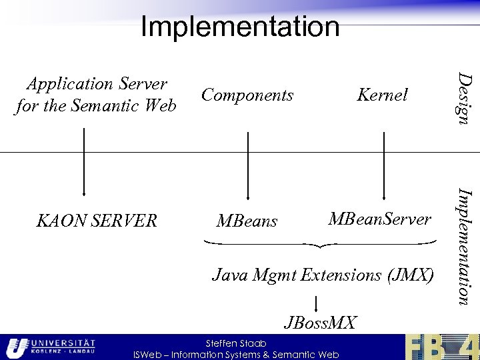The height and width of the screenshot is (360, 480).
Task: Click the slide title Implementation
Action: (240, 27)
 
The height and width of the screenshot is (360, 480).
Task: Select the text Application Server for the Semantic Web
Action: (95, 95)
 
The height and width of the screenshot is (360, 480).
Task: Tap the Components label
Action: (247, 95)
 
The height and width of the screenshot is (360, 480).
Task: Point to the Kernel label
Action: (382, 95)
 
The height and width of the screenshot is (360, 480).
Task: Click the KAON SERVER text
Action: (97, 221)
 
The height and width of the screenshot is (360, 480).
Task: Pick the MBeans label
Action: (247, 221)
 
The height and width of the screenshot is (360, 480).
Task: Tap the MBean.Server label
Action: (380, 219)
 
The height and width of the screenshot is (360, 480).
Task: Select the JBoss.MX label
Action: (321, 323)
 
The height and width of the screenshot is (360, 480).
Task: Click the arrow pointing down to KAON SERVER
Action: (84, 163)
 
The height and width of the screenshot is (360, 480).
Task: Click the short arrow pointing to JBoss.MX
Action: (315, 303)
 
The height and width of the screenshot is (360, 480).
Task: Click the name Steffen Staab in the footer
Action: (236, 343)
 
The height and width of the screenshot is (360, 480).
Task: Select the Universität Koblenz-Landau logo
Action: (50, 347)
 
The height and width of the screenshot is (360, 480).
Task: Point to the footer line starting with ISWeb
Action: (236, 355)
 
